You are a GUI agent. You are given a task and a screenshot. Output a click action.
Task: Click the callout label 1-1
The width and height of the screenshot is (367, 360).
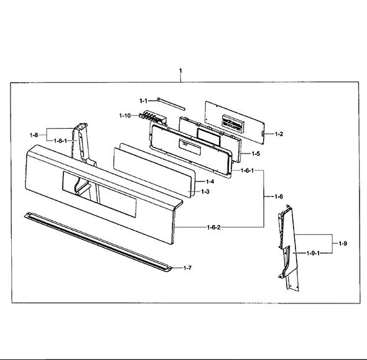(x=144, y=101)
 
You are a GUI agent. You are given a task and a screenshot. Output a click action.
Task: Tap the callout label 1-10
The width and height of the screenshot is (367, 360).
(x=125, y=115)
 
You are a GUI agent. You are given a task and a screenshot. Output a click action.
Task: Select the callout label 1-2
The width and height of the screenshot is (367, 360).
(x=279, y=134)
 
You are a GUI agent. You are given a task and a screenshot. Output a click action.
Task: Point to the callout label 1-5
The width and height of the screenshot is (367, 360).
(x=256, y=154)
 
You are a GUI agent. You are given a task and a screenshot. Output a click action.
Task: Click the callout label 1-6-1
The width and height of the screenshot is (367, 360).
(x=247, y=170)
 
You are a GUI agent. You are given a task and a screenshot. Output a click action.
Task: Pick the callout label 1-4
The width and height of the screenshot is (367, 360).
(x=210, y=182)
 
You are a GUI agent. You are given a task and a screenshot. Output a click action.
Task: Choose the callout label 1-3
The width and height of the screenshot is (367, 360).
(x=205, y=192)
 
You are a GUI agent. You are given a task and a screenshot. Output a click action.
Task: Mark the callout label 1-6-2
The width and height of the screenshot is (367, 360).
(x=214, y=227)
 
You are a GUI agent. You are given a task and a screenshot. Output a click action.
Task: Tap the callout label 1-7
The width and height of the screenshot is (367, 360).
(x=187, y=268)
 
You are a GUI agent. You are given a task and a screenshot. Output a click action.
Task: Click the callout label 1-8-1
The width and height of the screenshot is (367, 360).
(x=60, y=141)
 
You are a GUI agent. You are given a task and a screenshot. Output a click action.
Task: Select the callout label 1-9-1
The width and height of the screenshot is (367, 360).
(x=313, y=253)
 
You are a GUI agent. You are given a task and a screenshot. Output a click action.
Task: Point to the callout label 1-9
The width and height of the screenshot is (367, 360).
(x=343, y=244)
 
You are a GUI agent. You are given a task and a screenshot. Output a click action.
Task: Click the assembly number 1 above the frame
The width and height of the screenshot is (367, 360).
(x=180, y=70)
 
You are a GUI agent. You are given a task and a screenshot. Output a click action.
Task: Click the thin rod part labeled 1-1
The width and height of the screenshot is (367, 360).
(x=171, y=104)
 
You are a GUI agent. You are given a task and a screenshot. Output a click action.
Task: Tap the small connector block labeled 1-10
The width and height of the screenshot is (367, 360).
(x=152, y=117)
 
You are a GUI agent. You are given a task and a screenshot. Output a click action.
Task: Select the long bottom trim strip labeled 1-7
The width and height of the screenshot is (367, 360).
(x=98, y=242)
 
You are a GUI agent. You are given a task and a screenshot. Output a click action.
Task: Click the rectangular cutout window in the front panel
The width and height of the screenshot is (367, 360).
(x=100, y=194)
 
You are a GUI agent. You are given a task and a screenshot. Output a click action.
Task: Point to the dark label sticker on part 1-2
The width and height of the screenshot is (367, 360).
(x=233, y=122)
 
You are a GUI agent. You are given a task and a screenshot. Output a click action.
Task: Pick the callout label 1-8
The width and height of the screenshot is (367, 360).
(x=34, y=135)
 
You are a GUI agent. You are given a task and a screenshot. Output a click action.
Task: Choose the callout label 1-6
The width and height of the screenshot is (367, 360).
(x=279, y=196)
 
